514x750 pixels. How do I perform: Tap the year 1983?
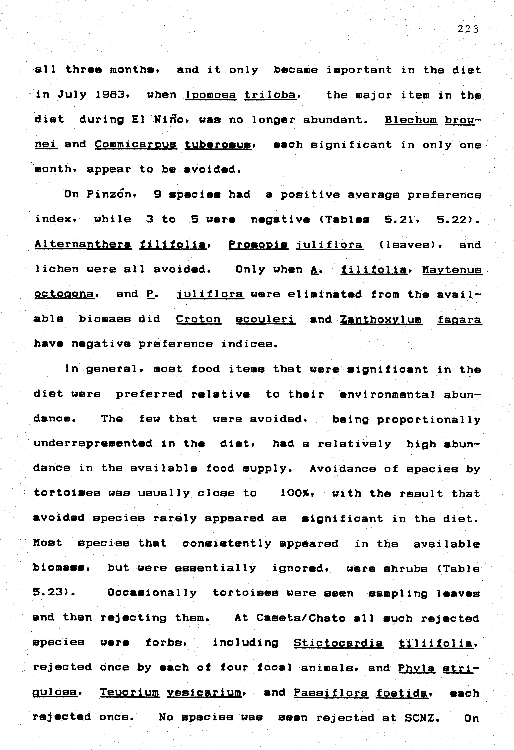pos(110,95)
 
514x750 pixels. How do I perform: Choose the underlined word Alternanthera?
pos(83,244)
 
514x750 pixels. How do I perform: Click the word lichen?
pos(57,269)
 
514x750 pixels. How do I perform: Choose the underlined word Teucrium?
pos(129,692)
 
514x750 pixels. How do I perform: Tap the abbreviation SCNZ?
pos(421,717)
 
